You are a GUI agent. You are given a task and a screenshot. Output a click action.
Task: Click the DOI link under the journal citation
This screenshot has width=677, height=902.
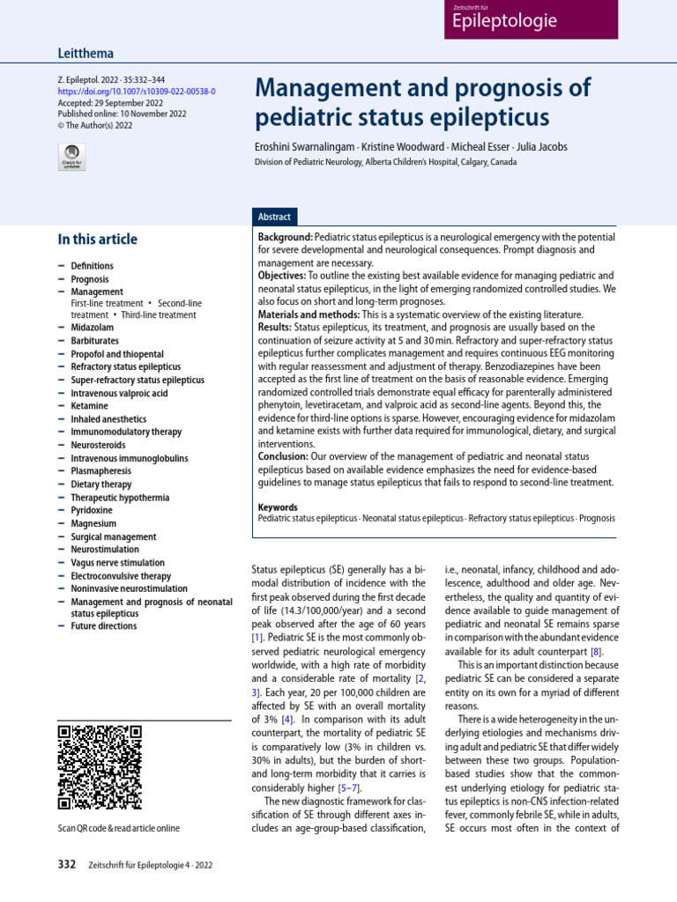point(136,92)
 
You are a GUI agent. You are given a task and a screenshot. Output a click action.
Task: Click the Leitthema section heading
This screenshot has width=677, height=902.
point(86,54)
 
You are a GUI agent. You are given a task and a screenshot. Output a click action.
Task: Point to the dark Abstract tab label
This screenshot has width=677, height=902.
point(273,217)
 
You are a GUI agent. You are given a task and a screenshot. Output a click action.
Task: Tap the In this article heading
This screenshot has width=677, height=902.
point(97,240)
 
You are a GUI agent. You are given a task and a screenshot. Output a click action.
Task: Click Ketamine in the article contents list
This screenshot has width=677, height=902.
point(91,406)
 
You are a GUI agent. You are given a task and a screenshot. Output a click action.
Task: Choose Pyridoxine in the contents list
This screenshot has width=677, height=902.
point(93,510)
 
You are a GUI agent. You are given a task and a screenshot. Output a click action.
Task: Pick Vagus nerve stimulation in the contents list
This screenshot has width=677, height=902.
point(117,563)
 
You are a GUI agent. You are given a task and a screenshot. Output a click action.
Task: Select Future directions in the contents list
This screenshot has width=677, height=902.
point(104,626)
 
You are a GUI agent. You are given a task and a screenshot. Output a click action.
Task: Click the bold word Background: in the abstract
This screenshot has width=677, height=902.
point(285,239)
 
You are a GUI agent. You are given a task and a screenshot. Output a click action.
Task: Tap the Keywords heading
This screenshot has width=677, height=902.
point(278,507)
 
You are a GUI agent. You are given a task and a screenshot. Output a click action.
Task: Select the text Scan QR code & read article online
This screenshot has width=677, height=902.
point(118,829)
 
